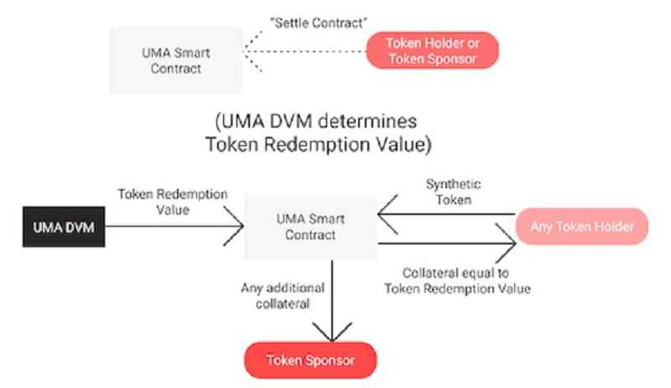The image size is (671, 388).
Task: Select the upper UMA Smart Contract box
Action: (176, 60)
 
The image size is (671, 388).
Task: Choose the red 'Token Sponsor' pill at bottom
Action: (310, 360)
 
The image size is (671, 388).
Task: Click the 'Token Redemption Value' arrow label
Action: (174, 201)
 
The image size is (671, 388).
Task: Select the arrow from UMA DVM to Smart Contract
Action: (172, 224)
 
